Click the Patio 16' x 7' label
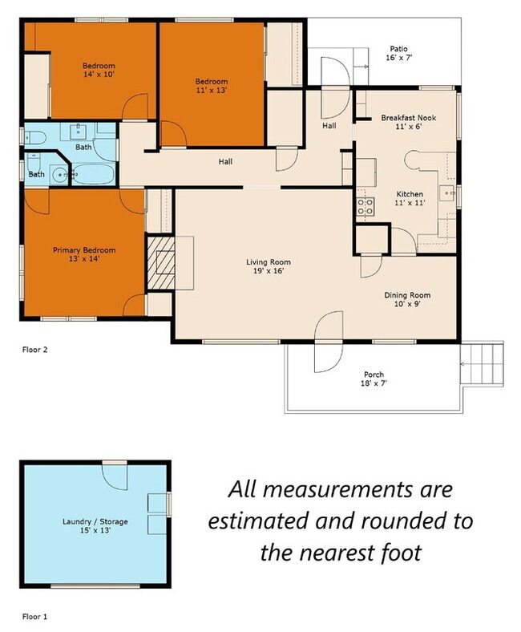398,53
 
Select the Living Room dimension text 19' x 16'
269,271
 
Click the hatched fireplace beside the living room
161,263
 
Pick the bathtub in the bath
94,175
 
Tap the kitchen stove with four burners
366,207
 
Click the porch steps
482,363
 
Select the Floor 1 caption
34,616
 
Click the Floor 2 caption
34,350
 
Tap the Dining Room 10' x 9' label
407,299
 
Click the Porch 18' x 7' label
374,379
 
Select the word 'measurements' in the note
338,490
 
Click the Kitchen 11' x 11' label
410,198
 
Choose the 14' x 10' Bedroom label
99,70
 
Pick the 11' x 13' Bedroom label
212,86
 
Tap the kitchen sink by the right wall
447,193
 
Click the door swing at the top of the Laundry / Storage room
115,477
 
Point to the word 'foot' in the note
400,552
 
